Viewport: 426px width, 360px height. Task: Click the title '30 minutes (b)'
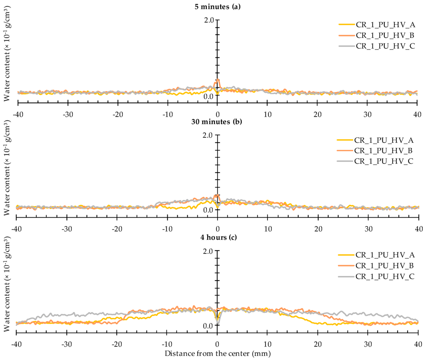pos(218,122)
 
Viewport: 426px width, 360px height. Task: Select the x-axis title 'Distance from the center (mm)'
pos(218,354)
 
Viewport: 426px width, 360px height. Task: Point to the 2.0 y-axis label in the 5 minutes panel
pos(208,20)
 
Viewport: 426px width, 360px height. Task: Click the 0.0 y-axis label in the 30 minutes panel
pos(208,210)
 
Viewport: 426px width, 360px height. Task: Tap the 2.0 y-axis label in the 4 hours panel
pos(208,251)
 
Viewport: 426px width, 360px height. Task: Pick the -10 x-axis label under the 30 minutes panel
pos(167,229)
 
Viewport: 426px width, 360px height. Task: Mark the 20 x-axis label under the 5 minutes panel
pos(317,114)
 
